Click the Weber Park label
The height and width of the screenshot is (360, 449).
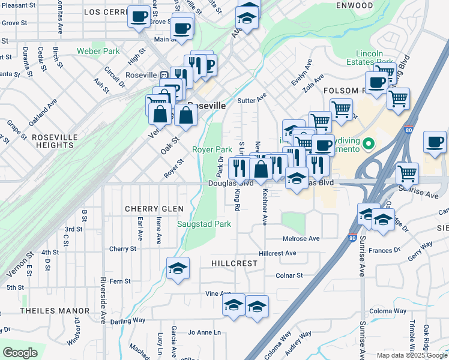click(98, 52)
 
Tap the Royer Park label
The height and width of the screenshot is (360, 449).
click(211, 149)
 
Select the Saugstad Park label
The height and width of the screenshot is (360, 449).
click(204, 224)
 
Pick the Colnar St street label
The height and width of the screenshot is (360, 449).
click(289, 275)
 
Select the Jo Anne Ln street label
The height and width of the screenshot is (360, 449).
click(205, 332)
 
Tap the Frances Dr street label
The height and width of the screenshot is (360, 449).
click(384, 251)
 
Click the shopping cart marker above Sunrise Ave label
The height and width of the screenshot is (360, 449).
click(408, 173)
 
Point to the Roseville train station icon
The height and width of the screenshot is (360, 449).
click(163, 75)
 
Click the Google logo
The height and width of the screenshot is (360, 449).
click(20, 353)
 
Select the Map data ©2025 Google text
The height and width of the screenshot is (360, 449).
click(412, 355)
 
